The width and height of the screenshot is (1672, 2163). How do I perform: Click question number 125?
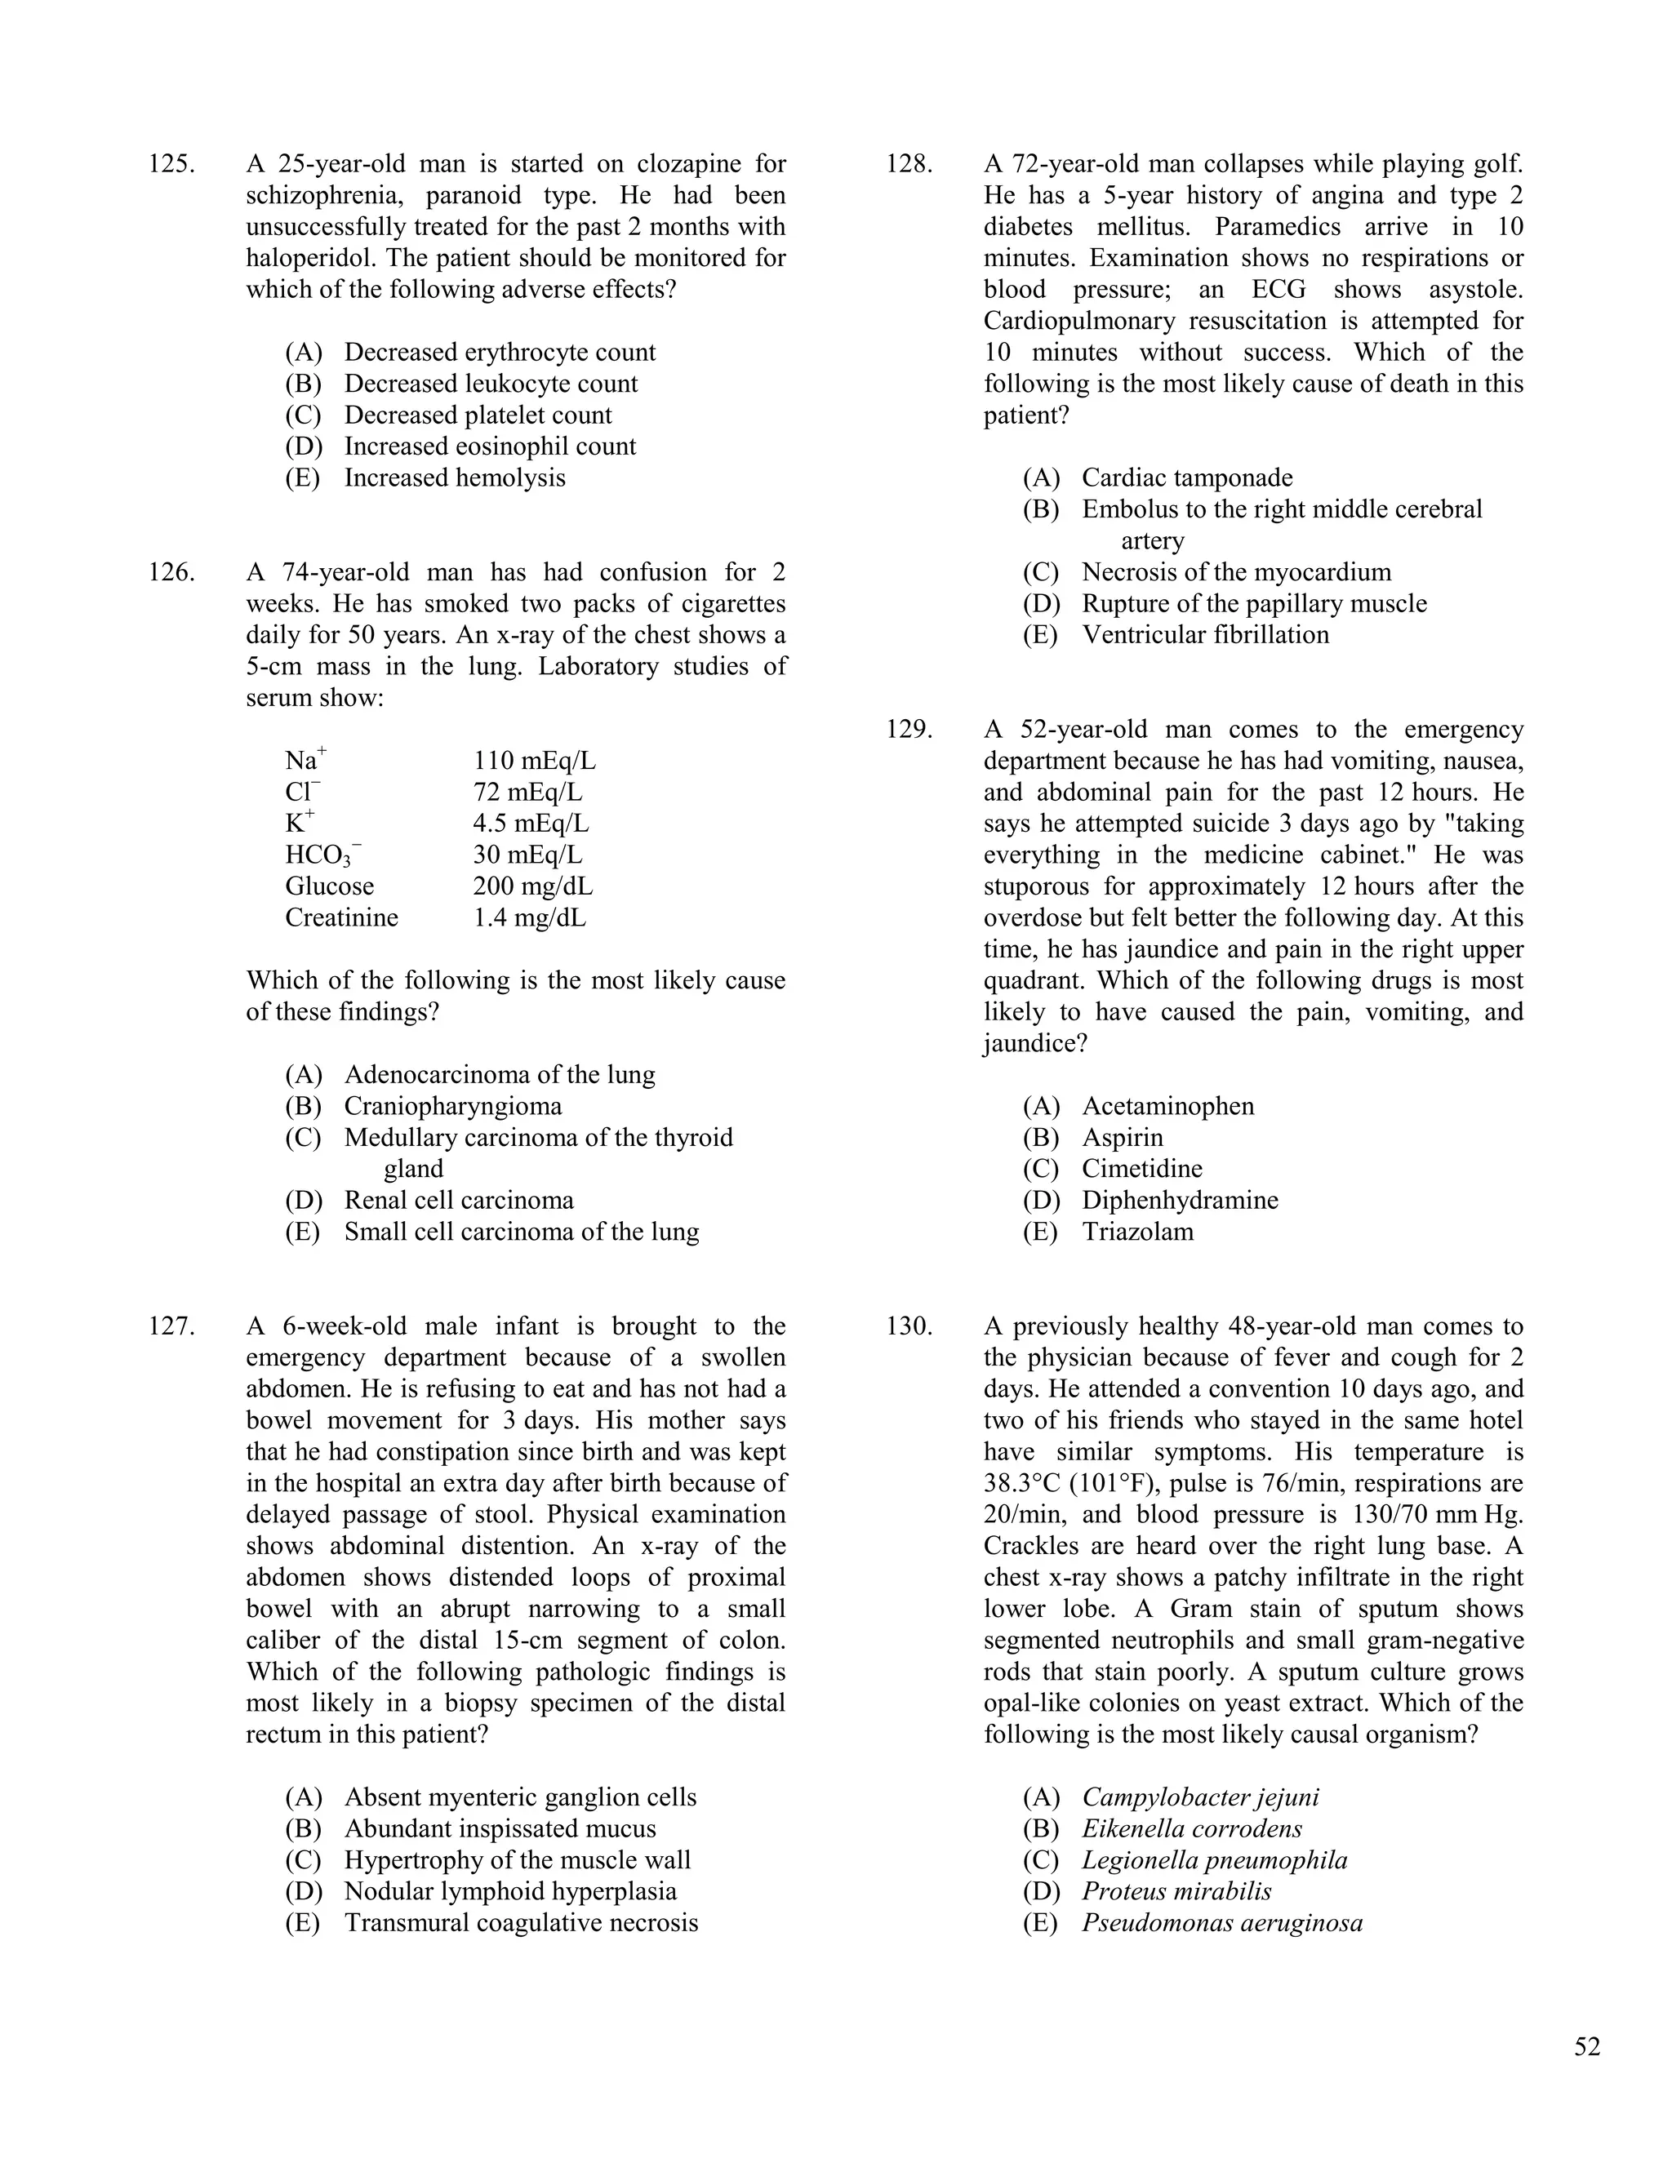tap(171, 164)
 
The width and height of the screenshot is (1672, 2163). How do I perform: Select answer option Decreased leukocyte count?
tap(491, 384)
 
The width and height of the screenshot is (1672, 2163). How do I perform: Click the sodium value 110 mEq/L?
tap(534, 762)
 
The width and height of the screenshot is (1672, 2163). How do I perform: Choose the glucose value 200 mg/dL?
tap(532, 886)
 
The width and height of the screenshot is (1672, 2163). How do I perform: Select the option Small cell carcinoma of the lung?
tap(521, 1232)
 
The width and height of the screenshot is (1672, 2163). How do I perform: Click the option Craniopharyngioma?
tap(452, 1106)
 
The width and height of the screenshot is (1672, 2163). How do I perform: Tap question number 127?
tap(171, 1326)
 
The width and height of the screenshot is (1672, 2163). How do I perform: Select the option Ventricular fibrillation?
tap(1204, 635)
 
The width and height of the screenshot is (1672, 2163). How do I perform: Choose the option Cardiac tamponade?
tap(1186, 478)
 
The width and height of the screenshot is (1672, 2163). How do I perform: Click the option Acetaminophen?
tap(1167, 1106)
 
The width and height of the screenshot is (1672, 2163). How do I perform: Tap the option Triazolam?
tap(1137, 1232)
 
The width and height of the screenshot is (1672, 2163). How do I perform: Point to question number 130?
tap(909, 1326)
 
